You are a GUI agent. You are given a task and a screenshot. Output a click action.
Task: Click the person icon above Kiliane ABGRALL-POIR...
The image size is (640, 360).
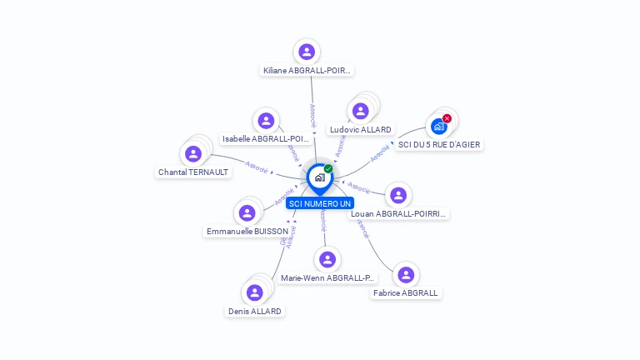pos(307,52)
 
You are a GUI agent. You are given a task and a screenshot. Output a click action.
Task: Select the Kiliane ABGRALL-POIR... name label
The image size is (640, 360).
pos(307,71)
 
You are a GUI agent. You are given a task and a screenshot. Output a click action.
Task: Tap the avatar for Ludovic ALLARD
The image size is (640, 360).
pos(360,111)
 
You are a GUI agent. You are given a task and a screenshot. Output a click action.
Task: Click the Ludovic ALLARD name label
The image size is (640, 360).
pos(360,130)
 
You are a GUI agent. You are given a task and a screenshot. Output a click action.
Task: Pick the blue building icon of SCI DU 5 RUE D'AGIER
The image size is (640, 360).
pos(438,127)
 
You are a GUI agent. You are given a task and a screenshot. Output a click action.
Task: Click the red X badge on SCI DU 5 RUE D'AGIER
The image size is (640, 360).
pos(447,118)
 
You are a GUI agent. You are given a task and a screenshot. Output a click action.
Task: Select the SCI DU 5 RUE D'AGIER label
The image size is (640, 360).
pos(439,145)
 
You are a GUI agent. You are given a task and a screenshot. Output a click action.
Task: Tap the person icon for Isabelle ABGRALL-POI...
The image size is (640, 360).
pos(266,121)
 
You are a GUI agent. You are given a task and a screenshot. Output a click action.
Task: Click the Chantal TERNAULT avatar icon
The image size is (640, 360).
pos(193,154)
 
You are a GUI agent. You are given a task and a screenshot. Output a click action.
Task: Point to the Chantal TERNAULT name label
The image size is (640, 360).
pos(193,172)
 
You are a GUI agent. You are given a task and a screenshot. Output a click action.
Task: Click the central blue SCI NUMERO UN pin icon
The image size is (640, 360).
pos(319,177)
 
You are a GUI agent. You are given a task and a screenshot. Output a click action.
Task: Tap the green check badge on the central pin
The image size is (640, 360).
pos(328,169)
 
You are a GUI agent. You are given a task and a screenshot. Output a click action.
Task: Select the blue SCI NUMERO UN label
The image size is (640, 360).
pos(320,203)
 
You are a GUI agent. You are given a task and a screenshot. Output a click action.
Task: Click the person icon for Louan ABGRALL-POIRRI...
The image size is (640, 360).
pos(399,195)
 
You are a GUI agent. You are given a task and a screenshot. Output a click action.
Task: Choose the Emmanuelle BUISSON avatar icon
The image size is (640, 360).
pos(247,212)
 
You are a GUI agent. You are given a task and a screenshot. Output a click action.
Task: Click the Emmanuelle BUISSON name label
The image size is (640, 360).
pos(247,231)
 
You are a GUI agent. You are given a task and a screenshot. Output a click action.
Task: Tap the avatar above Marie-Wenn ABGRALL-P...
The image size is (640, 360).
pos(328,259)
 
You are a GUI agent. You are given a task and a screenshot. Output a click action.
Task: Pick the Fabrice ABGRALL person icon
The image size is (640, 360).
pos(406,274)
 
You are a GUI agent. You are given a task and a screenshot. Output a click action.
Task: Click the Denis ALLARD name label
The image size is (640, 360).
pos(255,311)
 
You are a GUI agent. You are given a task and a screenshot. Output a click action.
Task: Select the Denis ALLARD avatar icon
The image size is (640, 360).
pos(255,292)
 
